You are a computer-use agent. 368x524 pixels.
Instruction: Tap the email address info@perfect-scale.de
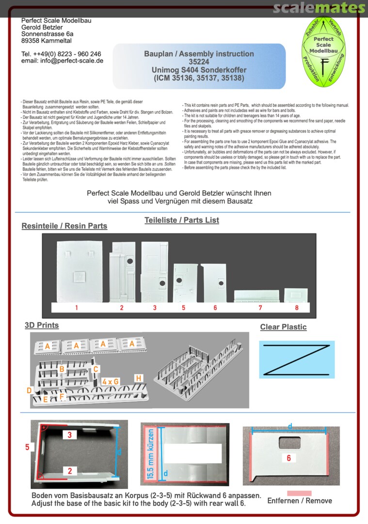point(62,61)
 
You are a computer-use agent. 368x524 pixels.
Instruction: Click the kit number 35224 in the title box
point(199,62)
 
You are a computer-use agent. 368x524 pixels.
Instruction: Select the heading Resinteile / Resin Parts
point(64,226)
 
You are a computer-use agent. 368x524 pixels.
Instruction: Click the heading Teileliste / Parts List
point(181,220)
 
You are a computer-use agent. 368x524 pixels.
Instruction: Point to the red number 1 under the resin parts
point(77,308)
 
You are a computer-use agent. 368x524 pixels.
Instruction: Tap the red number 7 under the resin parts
point(260,308)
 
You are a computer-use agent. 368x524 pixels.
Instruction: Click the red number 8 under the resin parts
point(296,308)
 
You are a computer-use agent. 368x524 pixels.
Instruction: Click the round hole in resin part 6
point(220,283)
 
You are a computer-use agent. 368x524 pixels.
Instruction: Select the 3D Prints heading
point(42,325)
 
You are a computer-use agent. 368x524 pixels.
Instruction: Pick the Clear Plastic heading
point(283,327)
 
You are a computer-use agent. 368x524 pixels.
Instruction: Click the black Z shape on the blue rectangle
point(297,360)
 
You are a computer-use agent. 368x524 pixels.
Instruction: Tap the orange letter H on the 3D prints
point(139,378)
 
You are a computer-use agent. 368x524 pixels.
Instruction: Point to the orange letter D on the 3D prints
point(29,390)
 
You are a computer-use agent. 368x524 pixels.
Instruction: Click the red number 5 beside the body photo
point(28,447)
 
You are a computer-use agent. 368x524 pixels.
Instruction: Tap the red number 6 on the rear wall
point(288,458)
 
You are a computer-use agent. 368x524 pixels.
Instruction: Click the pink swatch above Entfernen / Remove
point(299,493)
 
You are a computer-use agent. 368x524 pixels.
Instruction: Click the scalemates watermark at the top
point(319,8)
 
